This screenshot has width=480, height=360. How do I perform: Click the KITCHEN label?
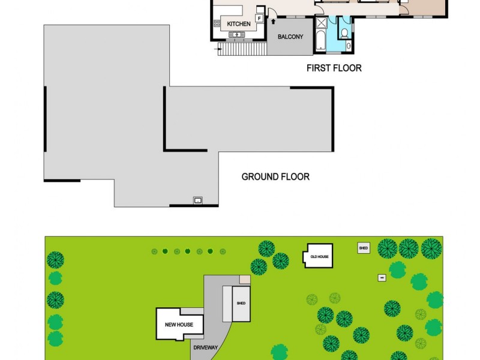[x=238, y=24]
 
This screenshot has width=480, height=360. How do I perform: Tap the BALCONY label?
[x=290, y=37]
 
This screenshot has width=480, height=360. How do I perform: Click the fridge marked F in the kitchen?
[x=259, y=19]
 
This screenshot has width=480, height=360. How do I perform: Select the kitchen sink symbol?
[x=238, y=35]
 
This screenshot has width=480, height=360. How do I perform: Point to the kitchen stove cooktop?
[x=217, y=24]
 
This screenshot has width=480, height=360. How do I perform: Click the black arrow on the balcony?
[x=274, y=22]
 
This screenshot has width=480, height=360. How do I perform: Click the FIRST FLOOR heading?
[x=334, y=68]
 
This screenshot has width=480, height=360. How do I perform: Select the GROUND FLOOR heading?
[x=275, y=177]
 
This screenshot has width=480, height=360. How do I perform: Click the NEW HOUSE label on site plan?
[x=179, y=325]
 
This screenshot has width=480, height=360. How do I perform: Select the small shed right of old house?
[x=363, y=248]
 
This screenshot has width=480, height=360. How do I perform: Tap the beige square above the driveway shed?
[x=245, y=280]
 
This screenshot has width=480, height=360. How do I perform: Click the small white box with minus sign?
[x=381, y=277]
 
